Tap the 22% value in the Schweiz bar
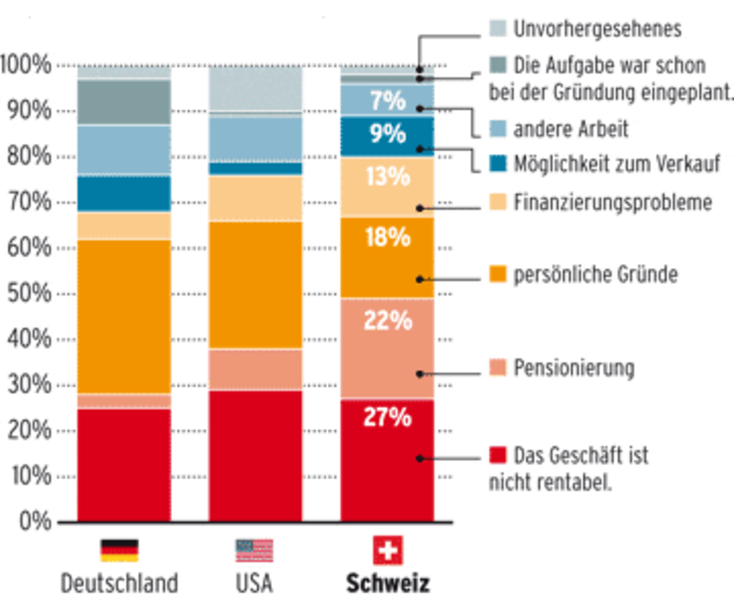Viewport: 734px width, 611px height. pyautogui.click(x=387, y=322)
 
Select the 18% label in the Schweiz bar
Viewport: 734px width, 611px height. pyautogui.click(x=387, y=238)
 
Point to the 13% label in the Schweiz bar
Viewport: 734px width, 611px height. pyautogui.click(x=387, y=175)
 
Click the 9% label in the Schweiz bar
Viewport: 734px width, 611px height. pyautogui.click(x=387, y=132)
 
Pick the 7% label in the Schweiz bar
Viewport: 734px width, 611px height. pyautogui.click(x=387, y=101)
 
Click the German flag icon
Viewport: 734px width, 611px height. pyautogui.click(x=120, y=552)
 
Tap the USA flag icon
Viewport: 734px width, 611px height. pyautogui.click(x=254, y=552)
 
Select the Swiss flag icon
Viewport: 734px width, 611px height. pyautogui.click(x=387, y=552)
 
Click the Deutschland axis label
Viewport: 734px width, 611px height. pyautogui.click(x=120, y=584)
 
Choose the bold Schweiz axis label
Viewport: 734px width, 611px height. pyautogui.click(x=387, y=584)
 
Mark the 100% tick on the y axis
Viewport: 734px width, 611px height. pyautogui.click(x=26, y=64)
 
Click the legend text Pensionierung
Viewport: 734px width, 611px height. pyautogui.click(x=573, y=367)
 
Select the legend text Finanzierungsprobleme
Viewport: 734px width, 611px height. pyautogui.click(x=612, y=201)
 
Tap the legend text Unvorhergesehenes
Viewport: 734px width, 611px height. pyautogui.click(x=597, y=29)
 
